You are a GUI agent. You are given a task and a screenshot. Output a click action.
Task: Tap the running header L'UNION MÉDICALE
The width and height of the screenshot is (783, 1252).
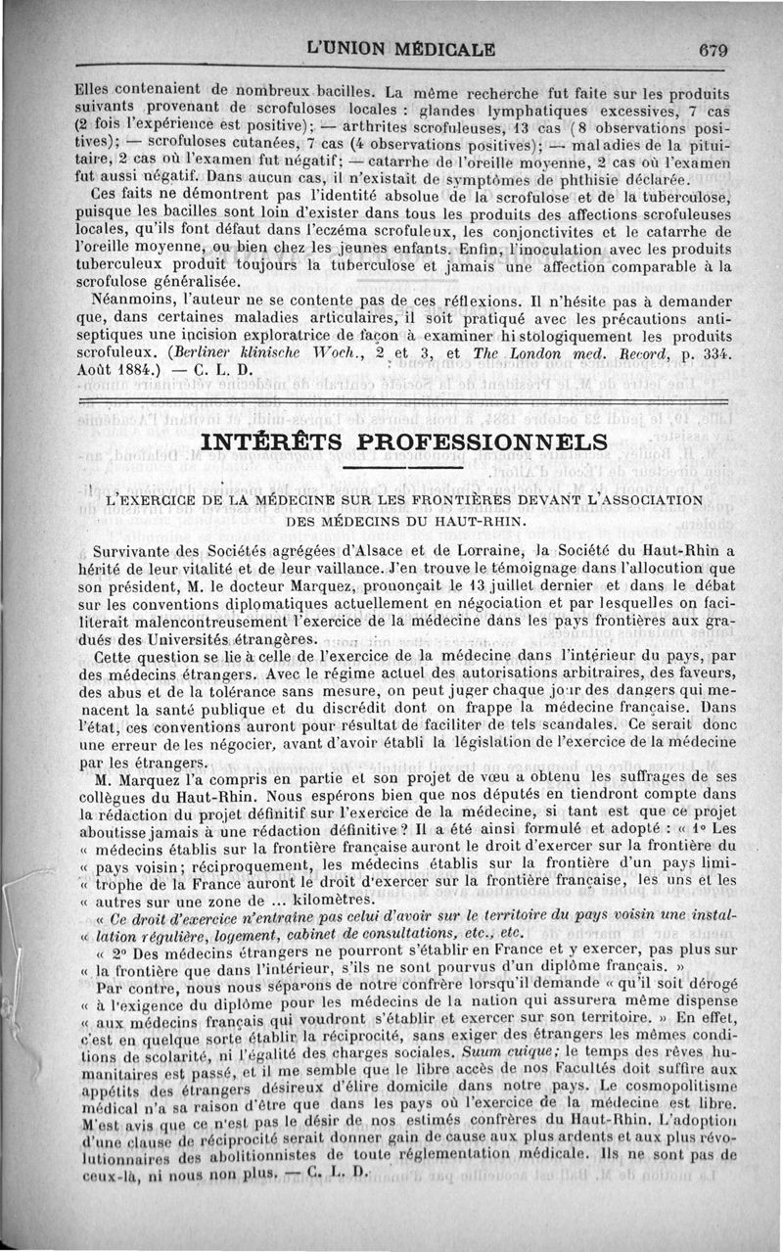pos(400,49)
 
